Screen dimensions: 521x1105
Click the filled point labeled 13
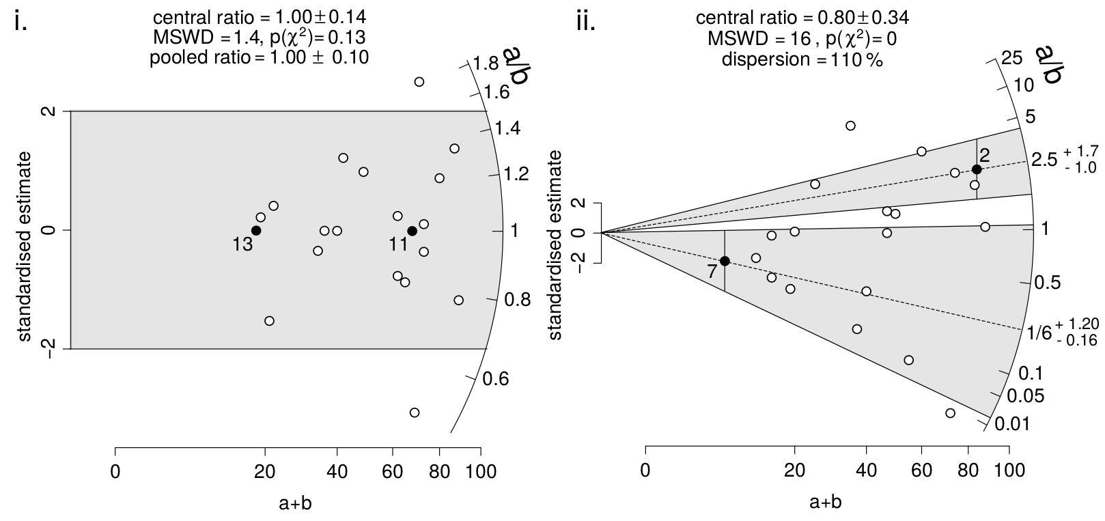click(x=256, y=230)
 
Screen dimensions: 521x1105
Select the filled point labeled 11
click(x=412, y=231)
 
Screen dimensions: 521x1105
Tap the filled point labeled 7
click(x=725, y=261)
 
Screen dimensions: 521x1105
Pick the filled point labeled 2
click(x=977, y=169)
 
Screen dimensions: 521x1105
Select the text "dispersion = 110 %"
click(x=802, y=59)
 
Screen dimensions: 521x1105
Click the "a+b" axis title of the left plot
click(x=296, y=503)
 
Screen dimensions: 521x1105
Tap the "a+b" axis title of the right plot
click(x=826, y=503)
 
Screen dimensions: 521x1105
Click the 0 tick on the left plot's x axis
click(x=115, y=471)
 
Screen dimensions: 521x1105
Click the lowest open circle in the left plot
click(x=414, y=412)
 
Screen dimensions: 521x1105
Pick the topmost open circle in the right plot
click(x=850, y=126)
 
